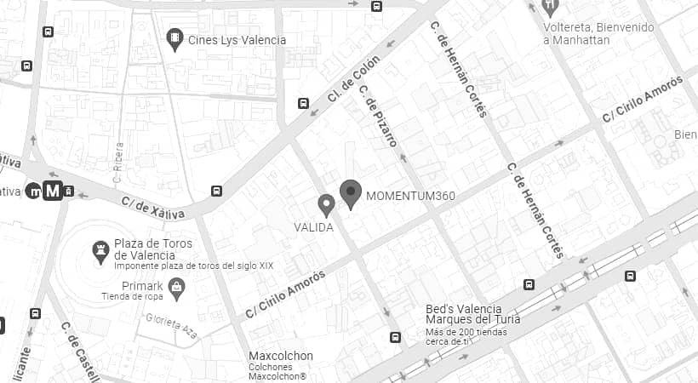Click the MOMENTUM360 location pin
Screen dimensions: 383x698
[x=351, y=194]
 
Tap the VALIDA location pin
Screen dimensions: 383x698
[x=325, y=205]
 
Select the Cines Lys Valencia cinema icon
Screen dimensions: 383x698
[x=174, y=39]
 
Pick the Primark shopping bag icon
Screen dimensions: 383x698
[x=177, y=289]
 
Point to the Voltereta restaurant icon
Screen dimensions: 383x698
[x=551, y=7]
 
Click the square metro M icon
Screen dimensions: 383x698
[x=53, y=191]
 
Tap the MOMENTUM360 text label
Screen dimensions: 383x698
[x=410, y=197]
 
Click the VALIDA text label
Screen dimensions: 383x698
[x=313, y=228]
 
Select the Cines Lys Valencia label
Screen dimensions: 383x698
[x=237, y=40]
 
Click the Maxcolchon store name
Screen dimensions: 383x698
[x=281, y=356]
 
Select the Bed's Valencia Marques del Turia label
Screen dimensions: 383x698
[x=472, y=314]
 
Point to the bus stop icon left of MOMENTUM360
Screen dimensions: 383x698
[x=217, y=191]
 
